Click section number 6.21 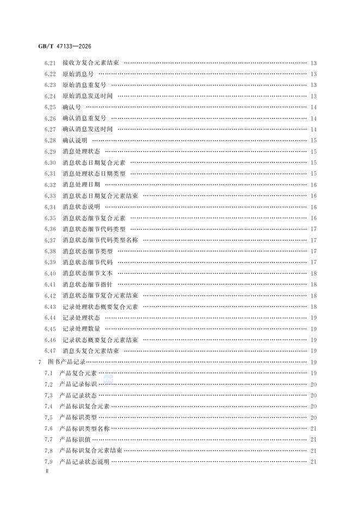50,63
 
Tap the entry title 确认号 71,107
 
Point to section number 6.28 50,140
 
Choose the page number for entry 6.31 314,173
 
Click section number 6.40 50,273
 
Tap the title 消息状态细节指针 88,284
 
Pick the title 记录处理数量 81,328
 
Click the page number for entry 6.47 314,351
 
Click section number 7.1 48,373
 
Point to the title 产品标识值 75,439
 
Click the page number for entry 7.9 314,462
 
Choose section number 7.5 48,417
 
